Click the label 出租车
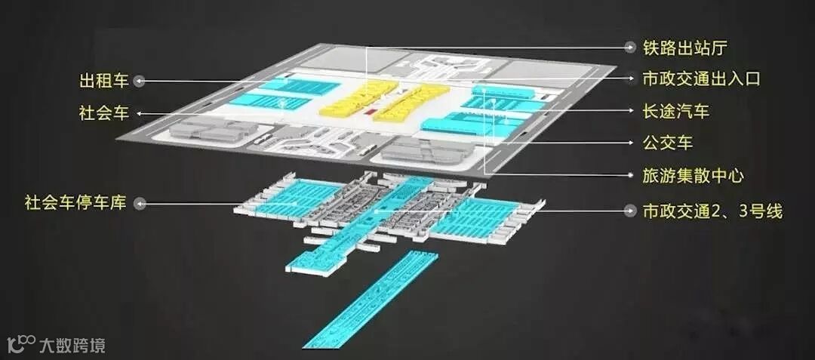click(104, 80)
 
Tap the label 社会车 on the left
click(104, 113)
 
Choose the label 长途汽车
click(676, 112)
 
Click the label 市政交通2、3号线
click(712, 211)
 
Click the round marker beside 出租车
click(140, 80)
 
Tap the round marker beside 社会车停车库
click(140, 202)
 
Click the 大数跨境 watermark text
click(72, 346)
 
